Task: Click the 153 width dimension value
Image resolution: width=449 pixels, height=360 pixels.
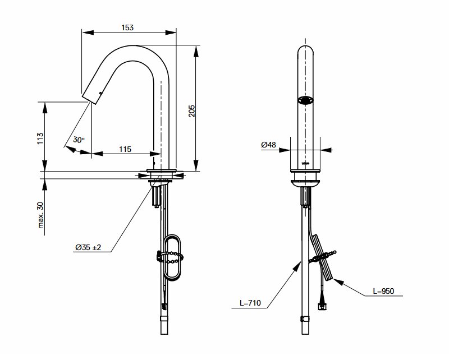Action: (x=127, y=27)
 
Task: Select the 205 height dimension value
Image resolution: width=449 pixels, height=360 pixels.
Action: (x=191, y=110)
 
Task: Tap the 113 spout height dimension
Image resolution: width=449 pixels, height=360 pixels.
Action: (x=40, y=138)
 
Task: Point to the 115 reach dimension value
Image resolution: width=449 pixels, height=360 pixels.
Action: (x=125, y=149)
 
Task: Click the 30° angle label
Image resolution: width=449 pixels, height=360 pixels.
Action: (x=79, y=140)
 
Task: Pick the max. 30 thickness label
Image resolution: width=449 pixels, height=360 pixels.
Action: (x=40, y=215)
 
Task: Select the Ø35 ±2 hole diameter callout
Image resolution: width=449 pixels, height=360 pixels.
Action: (x=88, y=247)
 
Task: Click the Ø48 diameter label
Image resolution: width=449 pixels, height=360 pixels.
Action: (x=269, y=145)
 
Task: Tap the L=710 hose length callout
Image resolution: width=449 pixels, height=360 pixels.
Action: (x=250, y=303)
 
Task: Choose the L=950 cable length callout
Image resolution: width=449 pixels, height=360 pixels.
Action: (x=383, y=291)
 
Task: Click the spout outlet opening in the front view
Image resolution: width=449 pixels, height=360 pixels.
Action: (x=305, y=100)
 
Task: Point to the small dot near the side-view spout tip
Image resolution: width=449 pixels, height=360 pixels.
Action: (x=100, y=93)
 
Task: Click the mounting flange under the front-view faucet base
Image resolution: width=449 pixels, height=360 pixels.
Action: (x=305, y=182)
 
